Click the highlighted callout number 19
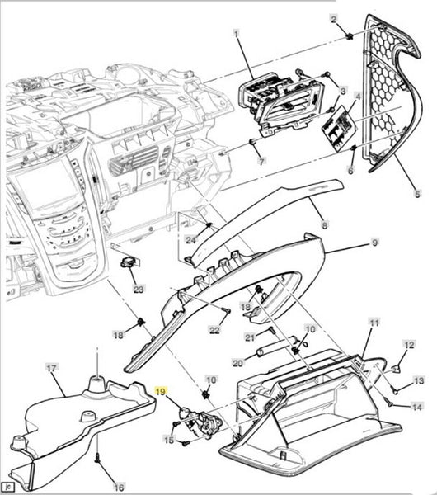[x=160, y=391]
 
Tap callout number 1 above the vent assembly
[x=237, y=33]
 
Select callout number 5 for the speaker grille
[x=417, y=194]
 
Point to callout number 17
[x=51, y=368]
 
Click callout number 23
[x=139, y=289]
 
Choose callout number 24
[x=190, y=240]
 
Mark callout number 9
[x=374, y=243]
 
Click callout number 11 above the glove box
[x=374, y=323]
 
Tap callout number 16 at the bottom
[x=119, y=487]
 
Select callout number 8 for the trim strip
[x=324, y=224]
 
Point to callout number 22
[x=214, y=330]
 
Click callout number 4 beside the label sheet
[x=358, y=96]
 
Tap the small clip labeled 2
[x=349, y=36]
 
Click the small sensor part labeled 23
[x=130, y=262]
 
